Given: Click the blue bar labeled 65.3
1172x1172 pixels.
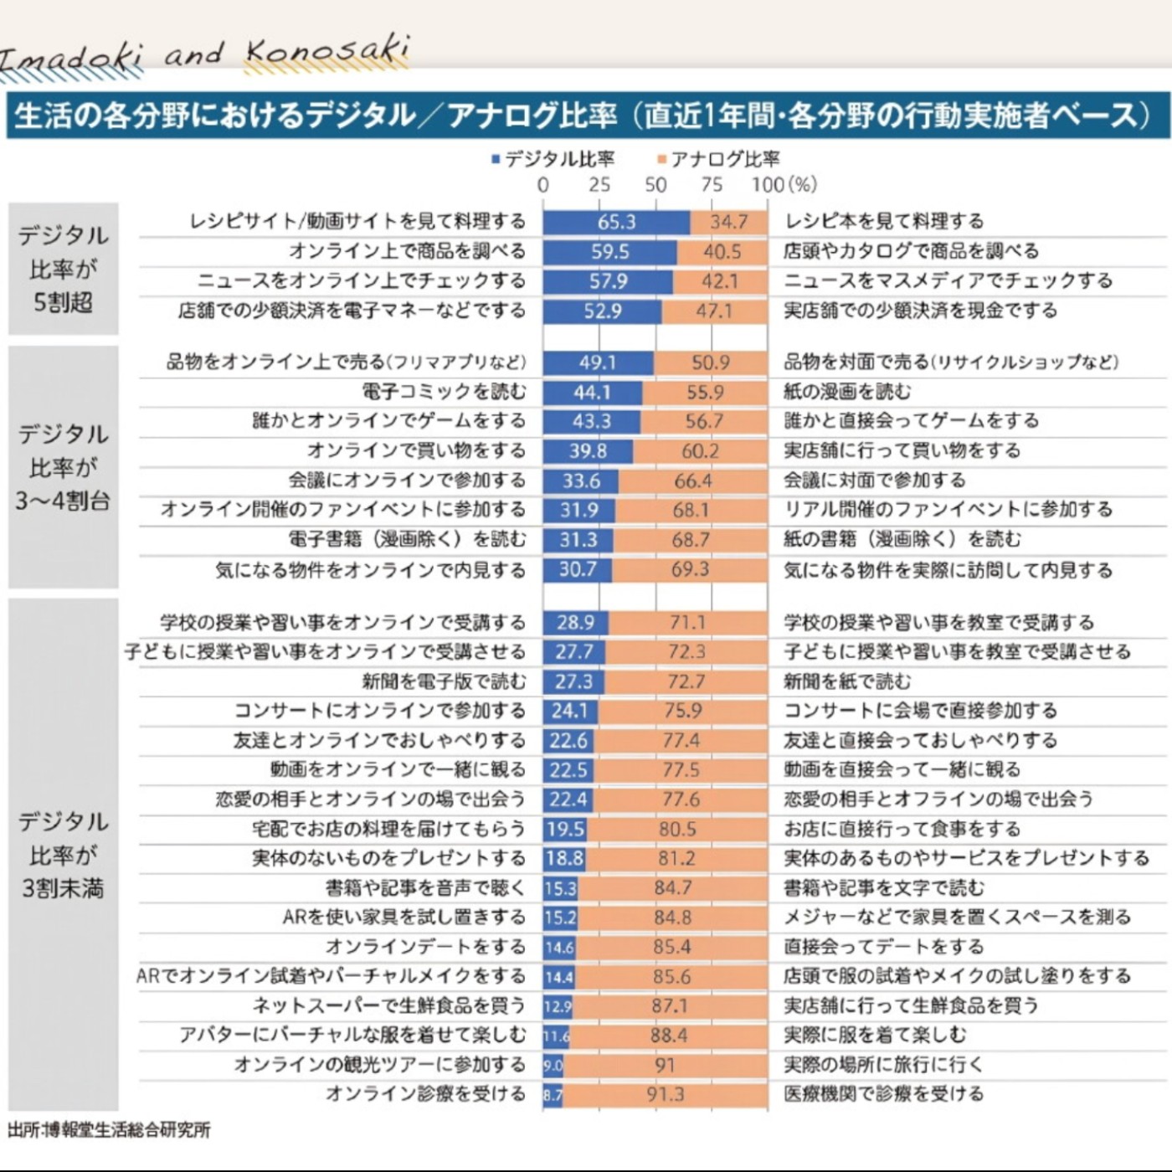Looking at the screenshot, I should point(616,222).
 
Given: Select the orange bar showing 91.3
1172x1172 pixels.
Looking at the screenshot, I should point(665,1094).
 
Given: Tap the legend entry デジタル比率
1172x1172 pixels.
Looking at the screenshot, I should point(553,159).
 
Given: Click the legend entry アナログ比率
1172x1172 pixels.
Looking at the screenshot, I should point(719,159).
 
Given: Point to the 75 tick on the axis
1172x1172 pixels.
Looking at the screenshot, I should point(712,185).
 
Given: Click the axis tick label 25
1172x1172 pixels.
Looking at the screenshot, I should point(599,185).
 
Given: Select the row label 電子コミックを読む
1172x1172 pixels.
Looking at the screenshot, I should point(444,392).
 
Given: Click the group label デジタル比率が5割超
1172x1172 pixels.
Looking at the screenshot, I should point(64,269).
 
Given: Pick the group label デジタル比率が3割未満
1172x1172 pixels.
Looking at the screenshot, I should point(64,855).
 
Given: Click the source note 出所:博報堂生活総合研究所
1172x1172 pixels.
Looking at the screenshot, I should point(109,1129).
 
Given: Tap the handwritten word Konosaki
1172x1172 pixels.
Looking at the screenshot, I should point(327,52).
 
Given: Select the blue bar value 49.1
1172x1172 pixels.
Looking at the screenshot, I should point(597,362).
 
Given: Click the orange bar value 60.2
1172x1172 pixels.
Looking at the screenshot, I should point(700,451).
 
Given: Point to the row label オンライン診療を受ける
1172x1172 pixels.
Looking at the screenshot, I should point(425,1094).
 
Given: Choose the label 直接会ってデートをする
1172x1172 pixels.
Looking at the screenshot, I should point(883,947).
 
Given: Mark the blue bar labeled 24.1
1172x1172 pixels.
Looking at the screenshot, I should point(569,711).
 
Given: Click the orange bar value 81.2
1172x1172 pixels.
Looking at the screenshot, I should point(676,858).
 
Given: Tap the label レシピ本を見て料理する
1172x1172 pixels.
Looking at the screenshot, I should point(883,222).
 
